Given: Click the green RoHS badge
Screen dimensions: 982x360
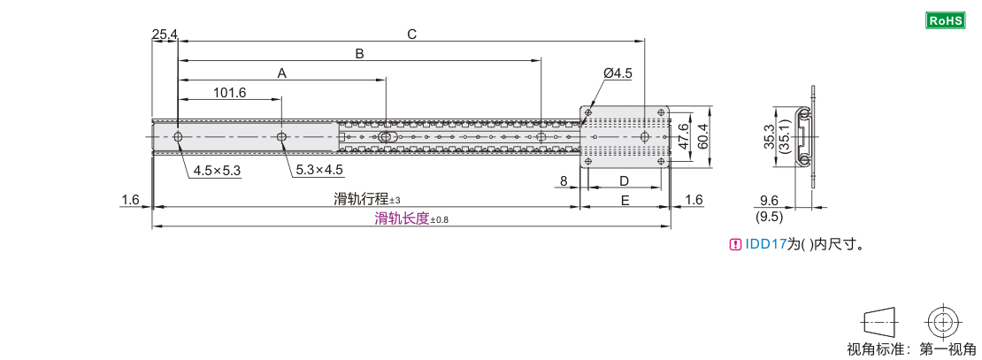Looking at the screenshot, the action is click(x=946, y=20).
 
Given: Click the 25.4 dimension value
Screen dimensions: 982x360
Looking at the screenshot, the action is click(x=164, y=34).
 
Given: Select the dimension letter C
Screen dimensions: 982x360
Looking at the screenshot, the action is click(x=411, y=34).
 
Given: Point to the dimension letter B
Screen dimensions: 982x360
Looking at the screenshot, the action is click(x=359, y=54).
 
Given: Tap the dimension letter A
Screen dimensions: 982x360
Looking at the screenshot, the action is click(x=282, y=73).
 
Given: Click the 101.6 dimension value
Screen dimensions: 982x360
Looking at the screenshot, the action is click(x=230, y=93).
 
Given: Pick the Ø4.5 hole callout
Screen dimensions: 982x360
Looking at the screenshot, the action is click(x=618, y=73).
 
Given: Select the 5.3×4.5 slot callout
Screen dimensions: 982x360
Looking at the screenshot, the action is click(x=318, y=171).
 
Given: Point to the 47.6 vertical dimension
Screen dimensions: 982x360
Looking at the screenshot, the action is click(x=685, y=136).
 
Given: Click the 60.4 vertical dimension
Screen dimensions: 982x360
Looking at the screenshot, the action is click(x=704, y=136).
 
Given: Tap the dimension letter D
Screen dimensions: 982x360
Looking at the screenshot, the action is click(x=624, y=181).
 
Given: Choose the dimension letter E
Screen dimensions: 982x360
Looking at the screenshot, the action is click(x=625, y=201).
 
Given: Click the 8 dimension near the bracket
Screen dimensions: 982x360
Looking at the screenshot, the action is click(x=563, y=181).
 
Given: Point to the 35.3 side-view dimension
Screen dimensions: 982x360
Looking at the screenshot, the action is click(x=770, y=136).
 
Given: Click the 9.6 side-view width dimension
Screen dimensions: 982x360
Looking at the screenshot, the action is click(x=768, y=201).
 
